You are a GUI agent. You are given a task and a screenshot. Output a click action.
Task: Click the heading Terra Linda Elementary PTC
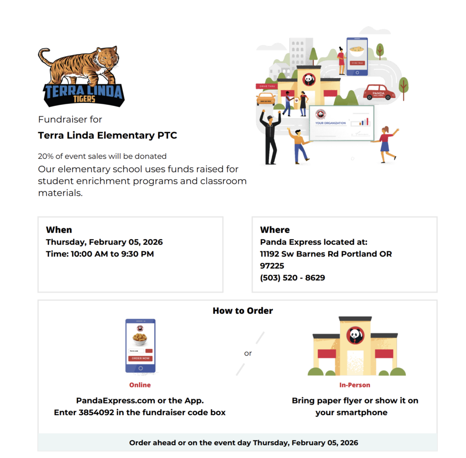(x=107, y=135)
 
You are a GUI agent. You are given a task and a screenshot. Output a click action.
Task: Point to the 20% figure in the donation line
(x=46, y=156)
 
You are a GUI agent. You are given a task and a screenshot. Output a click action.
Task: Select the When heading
(x=59, y=230)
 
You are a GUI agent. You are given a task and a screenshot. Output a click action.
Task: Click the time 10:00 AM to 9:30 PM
(x=112, y=254)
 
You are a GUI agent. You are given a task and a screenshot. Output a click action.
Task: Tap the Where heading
(x=275, y=230)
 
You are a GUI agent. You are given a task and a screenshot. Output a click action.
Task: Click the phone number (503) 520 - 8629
(x=292, y=277)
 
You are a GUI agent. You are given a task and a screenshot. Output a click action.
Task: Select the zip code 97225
(x=272, y=266)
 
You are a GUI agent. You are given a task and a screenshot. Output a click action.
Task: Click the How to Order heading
(x=243, y=311)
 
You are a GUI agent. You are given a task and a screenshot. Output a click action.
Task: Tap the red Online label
(x=140, y=385)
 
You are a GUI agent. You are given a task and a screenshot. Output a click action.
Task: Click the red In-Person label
(x=355, y=385)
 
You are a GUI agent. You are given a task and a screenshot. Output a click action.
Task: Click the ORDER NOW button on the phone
(x=140, y=358)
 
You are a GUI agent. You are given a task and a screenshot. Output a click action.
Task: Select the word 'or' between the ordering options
(x=248, y=353)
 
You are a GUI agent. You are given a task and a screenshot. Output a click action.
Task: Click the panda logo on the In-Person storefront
(x=355, y=336)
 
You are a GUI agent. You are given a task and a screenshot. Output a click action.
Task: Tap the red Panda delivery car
(x=379, y=92)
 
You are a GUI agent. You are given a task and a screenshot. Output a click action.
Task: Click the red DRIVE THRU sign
(x=266, y=86)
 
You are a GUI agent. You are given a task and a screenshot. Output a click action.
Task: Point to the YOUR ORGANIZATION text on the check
(x=330, y=123)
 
